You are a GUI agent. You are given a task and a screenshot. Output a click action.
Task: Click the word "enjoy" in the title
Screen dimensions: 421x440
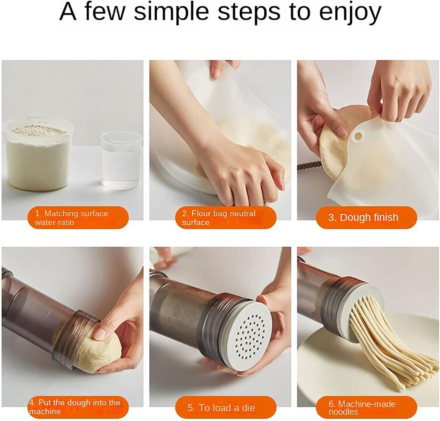[350, 12]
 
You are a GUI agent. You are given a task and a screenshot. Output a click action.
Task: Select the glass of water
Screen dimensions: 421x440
[121, 160]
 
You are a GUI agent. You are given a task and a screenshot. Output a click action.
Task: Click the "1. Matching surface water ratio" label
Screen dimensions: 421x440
[78, 218]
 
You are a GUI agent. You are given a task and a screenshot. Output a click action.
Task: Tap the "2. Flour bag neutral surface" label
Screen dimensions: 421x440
[226, 218]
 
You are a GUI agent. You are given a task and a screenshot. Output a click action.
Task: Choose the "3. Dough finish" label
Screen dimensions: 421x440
[366, 217]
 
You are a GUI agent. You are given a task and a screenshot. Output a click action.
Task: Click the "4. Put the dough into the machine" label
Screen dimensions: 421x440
[78, 407]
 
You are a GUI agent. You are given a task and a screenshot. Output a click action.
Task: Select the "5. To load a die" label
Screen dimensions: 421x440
[226, 407]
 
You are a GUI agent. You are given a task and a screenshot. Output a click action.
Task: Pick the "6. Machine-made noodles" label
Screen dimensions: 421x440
[366, 407]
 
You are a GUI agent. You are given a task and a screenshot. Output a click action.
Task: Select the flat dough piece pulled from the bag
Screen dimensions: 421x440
[331, 153]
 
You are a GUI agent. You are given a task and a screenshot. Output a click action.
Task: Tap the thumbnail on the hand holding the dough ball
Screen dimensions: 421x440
[100, 333]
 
